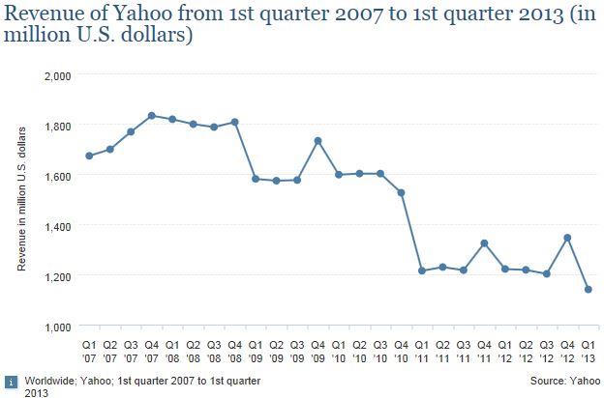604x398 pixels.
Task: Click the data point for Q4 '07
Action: pyautogui.click(x=151, y=115)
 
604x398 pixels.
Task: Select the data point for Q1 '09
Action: pyautogui.click(x=256, y=179)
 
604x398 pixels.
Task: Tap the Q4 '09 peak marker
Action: pyautogui.click(x=317, y=141)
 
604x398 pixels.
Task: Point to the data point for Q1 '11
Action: pyautogui.click(x=422, y=270)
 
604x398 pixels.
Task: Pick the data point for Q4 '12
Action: pyautogui.click(x=567, y=238)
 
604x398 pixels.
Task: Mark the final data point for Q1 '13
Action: pyautogui.click(x=589, y=289)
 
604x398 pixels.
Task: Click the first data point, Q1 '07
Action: pyautogui.click(x=89, y=156)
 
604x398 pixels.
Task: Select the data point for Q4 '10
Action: pyautogui.click(x=401, y=192)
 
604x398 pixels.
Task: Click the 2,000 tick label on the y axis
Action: pyautogui.click(x=58, y=76)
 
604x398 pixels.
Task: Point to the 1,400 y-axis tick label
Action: pyautogui.click(x=58, y=227)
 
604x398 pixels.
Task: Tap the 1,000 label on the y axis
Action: pyautogui.click(x=58, y=327)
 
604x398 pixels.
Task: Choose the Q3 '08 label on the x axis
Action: pyautogui.click(x=214, y=352)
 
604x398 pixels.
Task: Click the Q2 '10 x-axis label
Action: pyautogui.click(x=359, y=352)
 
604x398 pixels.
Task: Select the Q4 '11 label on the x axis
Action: pyautogui.click(x=484, y=352)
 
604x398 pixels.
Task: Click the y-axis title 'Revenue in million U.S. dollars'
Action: pyautogui.click(x=21, y=199)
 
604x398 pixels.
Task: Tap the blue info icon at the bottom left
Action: pyautogui.click(x=12, y=383)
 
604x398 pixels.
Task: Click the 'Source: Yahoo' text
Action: pyautogui.click(x=565, y=381)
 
